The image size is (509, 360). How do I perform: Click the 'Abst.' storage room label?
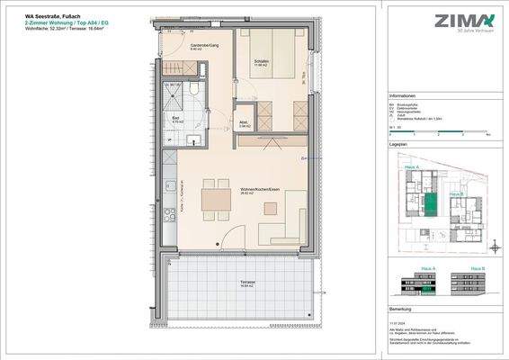244,125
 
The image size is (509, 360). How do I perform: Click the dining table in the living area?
215,195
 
